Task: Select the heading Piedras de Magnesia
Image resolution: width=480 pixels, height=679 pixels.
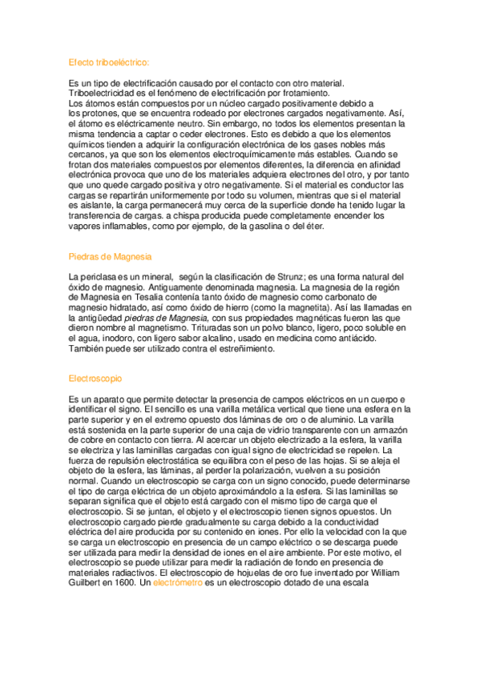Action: pyautogui.click(x=111, y=256)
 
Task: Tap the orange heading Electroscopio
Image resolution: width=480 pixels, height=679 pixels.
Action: pyautogui.click(x=95, y=377)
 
